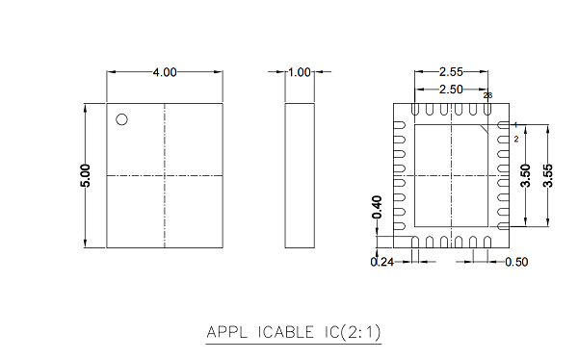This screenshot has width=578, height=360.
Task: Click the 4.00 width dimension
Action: pos(165,72)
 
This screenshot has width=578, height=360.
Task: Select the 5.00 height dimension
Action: pos(85,176)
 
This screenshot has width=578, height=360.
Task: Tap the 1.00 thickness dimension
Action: pos(300,72)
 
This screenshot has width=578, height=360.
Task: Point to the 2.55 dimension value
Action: pos(451,72)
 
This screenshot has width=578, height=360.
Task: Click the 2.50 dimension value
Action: pos(451,90)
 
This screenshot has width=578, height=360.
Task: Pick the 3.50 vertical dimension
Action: pos(526,176)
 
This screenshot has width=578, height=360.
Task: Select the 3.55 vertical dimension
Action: pos(548,176)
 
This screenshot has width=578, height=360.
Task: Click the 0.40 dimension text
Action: pos(377,207)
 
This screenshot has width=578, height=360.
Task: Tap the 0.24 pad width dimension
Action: pos(382,262)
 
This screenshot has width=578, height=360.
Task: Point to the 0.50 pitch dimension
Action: pos(516,262)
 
